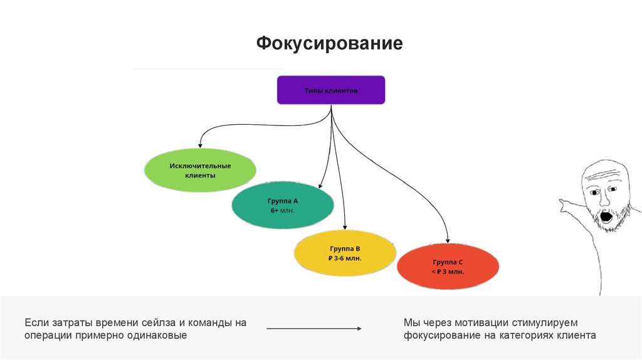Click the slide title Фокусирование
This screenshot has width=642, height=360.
(329, 44)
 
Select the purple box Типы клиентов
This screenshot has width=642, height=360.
(330, 90)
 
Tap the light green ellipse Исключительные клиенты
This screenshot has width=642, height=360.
(200, 170)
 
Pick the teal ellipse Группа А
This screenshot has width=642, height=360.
(282, 206)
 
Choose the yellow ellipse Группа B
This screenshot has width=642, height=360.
(345, 253)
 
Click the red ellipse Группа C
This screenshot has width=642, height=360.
(448, 267)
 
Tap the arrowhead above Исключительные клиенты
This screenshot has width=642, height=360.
(200, 146)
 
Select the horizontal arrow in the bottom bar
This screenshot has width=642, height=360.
(314, 329)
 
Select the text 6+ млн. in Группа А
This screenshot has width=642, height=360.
(282, 211)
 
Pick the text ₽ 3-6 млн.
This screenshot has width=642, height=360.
(345, 258)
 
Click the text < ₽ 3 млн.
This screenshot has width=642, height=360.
(448, 272)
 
